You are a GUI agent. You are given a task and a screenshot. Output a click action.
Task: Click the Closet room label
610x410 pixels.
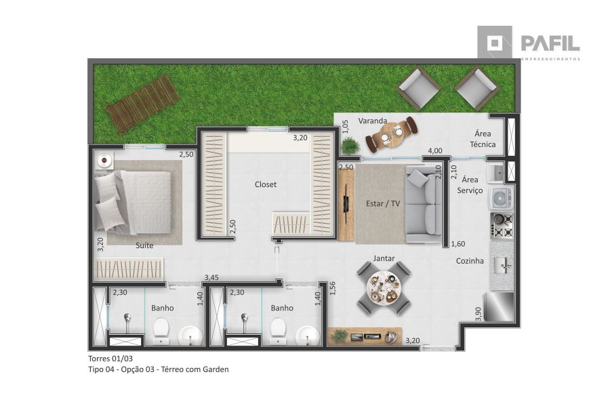tap(265, 184)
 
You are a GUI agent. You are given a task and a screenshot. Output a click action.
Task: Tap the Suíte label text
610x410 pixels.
tap(144, 245)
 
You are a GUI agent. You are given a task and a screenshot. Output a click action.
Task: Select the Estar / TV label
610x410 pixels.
tap(383, 203)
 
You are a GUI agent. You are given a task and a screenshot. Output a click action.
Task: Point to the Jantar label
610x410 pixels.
tap(384, 258)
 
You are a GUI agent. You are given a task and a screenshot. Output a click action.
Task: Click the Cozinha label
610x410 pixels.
tap(470, 261)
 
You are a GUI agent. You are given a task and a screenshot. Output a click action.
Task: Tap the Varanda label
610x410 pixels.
tap(373, 121)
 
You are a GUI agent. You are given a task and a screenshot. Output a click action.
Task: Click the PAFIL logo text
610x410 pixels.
tap(550, 43)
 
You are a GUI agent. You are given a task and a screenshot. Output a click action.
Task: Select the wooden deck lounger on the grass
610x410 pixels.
tap(143, 104)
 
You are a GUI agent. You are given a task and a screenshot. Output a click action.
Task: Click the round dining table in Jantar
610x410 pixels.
tap(384, 288)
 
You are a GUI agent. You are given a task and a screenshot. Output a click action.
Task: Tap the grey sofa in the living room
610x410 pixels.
tap(423, 204)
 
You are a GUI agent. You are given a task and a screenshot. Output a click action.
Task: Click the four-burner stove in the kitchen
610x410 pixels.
tap(502, 225)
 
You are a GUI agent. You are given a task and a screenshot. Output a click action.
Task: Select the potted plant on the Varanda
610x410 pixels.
tap(350, 146)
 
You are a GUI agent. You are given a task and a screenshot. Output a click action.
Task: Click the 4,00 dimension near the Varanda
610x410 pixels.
tap(435, 150)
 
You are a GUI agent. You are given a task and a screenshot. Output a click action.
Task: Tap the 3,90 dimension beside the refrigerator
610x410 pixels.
tap(479, 314)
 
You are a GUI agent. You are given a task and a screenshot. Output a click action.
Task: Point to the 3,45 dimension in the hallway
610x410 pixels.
tap(211, 278)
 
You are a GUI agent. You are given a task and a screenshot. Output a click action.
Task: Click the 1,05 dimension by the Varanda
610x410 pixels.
tap(345, 127)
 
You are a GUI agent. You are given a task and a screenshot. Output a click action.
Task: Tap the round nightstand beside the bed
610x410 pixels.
tap(104, 160)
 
